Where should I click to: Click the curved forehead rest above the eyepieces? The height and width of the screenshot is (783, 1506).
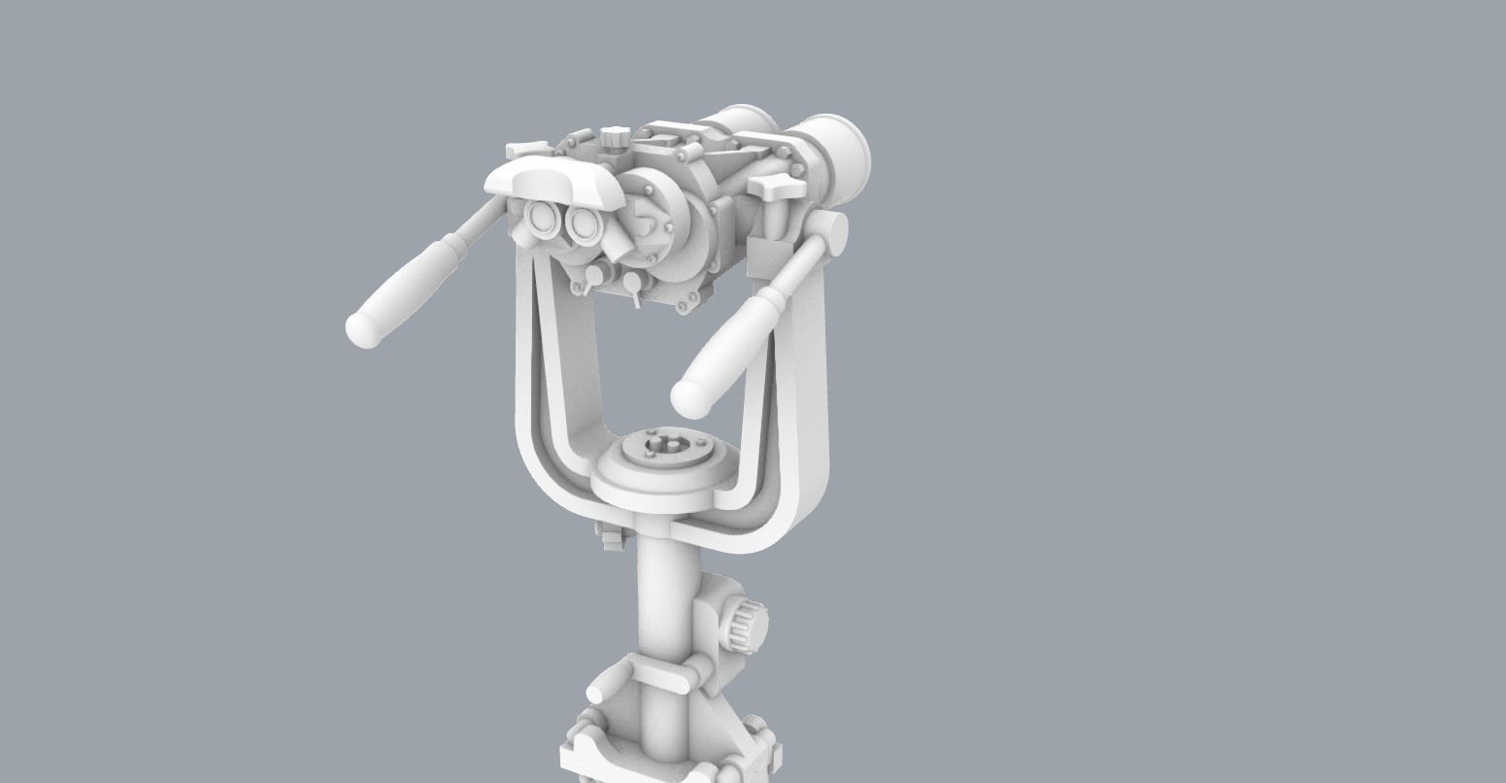pos(553,183)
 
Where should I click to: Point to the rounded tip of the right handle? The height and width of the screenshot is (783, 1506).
pos(688,396)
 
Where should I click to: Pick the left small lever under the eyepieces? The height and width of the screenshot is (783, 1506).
pos(581,285)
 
